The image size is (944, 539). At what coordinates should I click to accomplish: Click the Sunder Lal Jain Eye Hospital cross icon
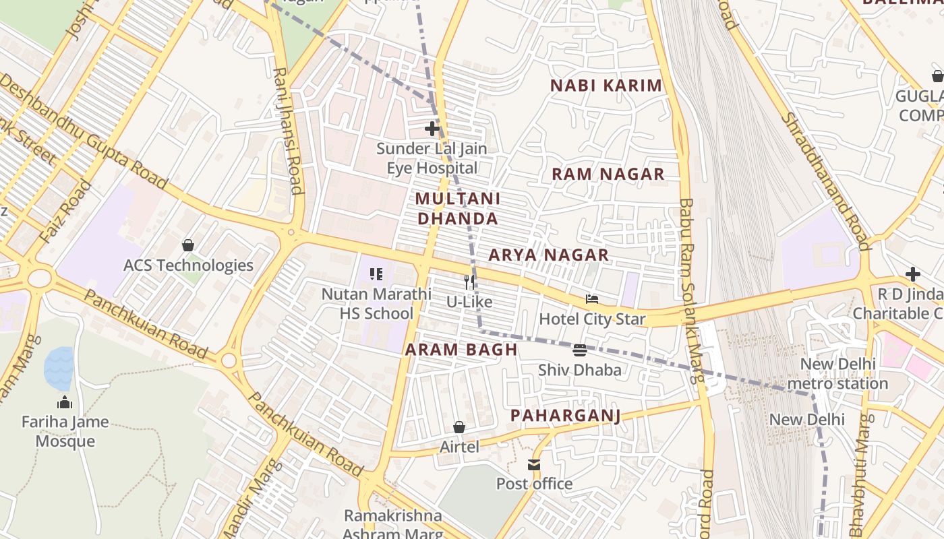[432, 128]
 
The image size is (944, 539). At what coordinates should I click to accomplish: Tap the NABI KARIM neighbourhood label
[606, 86]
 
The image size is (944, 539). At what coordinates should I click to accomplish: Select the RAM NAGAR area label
[608, 174]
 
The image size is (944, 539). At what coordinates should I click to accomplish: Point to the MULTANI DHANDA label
[458, 208]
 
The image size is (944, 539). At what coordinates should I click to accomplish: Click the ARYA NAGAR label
[549, 255]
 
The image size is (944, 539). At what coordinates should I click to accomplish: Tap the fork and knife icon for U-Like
[469, 282]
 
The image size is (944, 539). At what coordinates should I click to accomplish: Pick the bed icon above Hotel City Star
[592, 299]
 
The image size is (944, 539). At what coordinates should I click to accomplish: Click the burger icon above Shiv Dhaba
[580, 350]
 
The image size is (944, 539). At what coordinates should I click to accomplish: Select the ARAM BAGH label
[461, 350]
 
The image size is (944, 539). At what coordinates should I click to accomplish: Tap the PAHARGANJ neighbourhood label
[565, 415]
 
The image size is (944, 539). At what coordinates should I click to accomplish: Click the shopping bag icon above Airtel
[459, 427]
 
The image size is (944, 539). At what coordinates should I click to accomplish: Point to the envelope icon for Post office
[534, 464]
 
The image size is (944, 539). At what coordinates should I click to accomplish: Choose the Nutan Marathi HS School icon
[376, 274]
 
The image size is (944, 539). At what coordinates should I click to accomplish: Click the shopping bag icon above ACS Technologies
[188, 245]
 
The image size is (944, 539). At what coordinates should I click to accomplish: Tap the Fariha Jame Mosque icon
[65, 402]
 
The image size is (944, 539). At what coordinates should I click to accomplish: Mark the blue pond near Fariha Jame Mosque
[59, 368]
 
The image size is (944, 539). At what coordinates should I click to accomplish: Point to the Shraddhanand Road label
[825, 179]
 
